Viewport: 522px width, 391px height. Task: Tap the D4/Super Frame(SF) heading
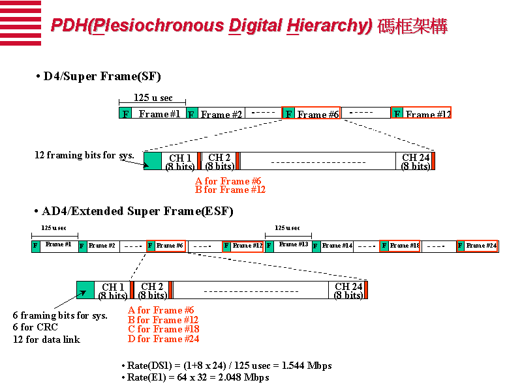pyautogui.click(x=102, y=76)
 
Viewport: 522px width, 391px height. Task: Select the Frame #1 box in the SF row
pyautogui.click(x=159, y=114)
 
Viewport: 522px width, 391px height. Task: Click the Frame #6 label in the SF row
pyautogui.click(x=317, y=114)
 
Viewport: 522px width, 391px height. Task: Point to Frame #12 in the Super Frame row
pyautogui.click(x=427, y=114)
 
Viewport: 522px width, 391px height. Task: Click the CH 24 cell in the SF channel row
pyautogui.click(x=415, y=162)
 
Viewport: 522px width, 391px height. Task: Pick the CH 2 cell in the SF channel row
pyautogui.click(x=219, y=162)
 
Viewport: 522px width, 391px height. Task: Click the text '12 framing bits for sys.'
pyautogui.click(x=84, y=155)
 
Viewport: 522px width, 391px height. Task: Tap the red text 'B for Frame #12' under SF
pyautogui.click(x=230, y=190)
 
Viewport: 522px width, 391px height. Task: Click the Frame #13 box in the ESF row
pyautogui.click(x=293, y=245)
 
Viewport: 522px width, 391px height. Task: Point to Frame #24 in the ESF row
pyautogui.click(x=481, y=246)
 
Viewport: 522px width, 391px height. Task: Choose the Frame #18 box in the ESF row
pyautogui.click(x=403, y=246)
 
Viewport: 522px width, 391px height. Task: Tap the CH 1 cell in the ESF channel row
pyautogui.click(x=113, y=291)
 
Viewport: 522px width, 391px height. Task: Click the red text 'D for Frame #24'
pyautogui.click(x=163, y=339)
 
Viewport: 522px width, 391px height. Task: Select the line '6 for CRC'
pyautogui.click(x=35, y=327)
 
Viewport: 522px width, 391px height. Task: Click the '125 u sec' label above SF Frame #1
pyautogui.click(x=153, y=98)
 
